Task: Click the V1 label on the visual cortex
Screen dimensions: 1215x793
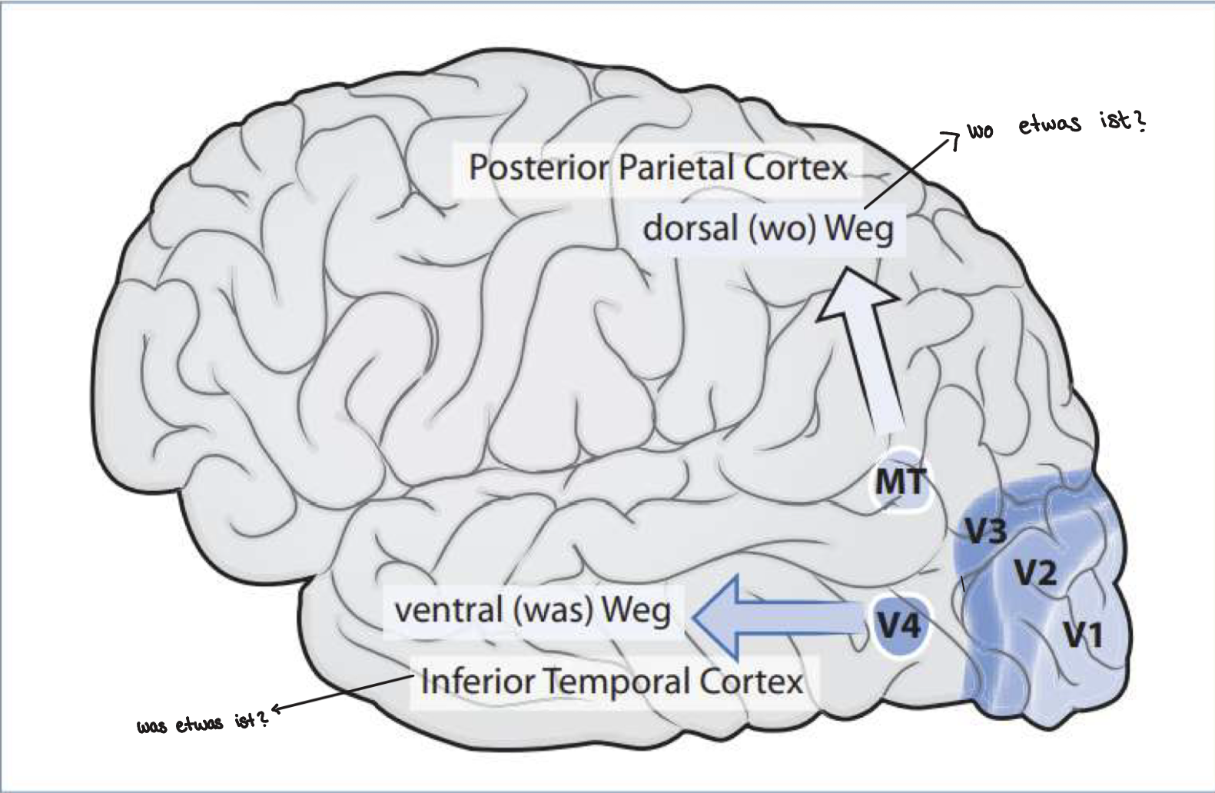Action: point(1083,635)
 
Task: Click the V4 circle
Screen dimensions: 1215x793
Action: point(899,627)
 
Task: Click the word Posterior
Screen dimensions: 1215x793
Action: point(539,168)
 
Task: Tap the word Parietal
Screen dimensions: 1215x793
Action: point(677,168)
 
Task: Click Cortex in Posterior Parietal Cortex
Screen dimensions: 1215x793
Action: point(795,168)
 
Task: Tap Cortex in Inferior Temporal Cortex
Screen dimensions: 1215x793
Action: point(751,682)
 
